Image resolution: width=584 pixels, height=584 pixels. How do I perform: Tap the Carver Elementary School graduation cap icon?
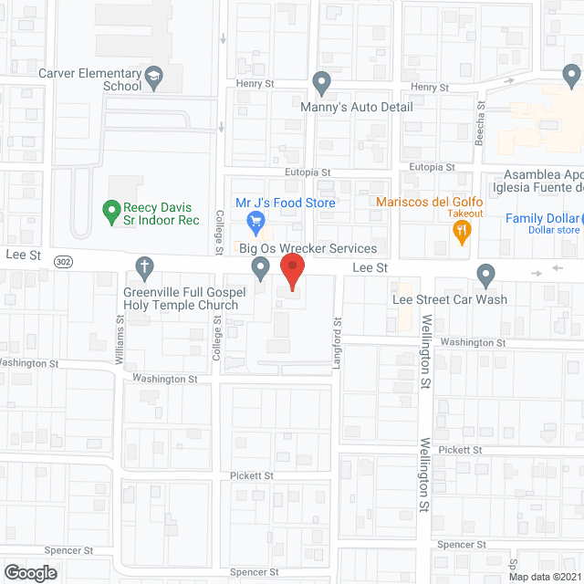pyautogui.click(x=154, y=78)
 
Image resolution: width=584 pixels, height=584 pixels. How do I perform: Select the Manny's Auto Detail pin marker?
pyautogui.click(x=321, y=84)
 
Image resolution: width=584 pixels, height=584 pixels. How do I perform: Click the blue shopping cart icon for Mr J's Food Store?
pyautogui.click(x=256, y=221)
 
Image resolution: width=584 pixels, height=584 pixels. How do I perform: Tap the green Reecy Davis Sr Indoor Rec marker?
pyautogui.click(x=111, y=213)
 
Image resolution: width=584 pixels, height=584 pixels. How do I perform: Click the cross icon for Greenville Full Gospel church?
pyautogui.click(x=143, y=268)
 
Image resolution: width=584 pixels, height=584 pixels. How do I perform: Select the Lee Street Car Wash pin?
pyautogui.click(x=485, y=274)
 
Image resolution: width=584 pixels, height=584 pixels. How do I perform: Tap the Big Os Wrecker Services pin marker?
pyautogui.click(x=261, y=268)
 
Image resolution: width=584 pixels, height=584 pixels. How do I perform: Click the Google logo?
pyautogui.click(x=29, y=572)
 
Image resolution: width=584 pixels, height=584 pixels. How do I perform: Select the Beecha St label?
pyautogui.click(x=480, y=119)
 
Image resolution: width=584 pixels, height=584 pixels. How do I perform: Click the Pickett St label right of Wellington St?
pyautogui.click(x=459, y=451)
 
